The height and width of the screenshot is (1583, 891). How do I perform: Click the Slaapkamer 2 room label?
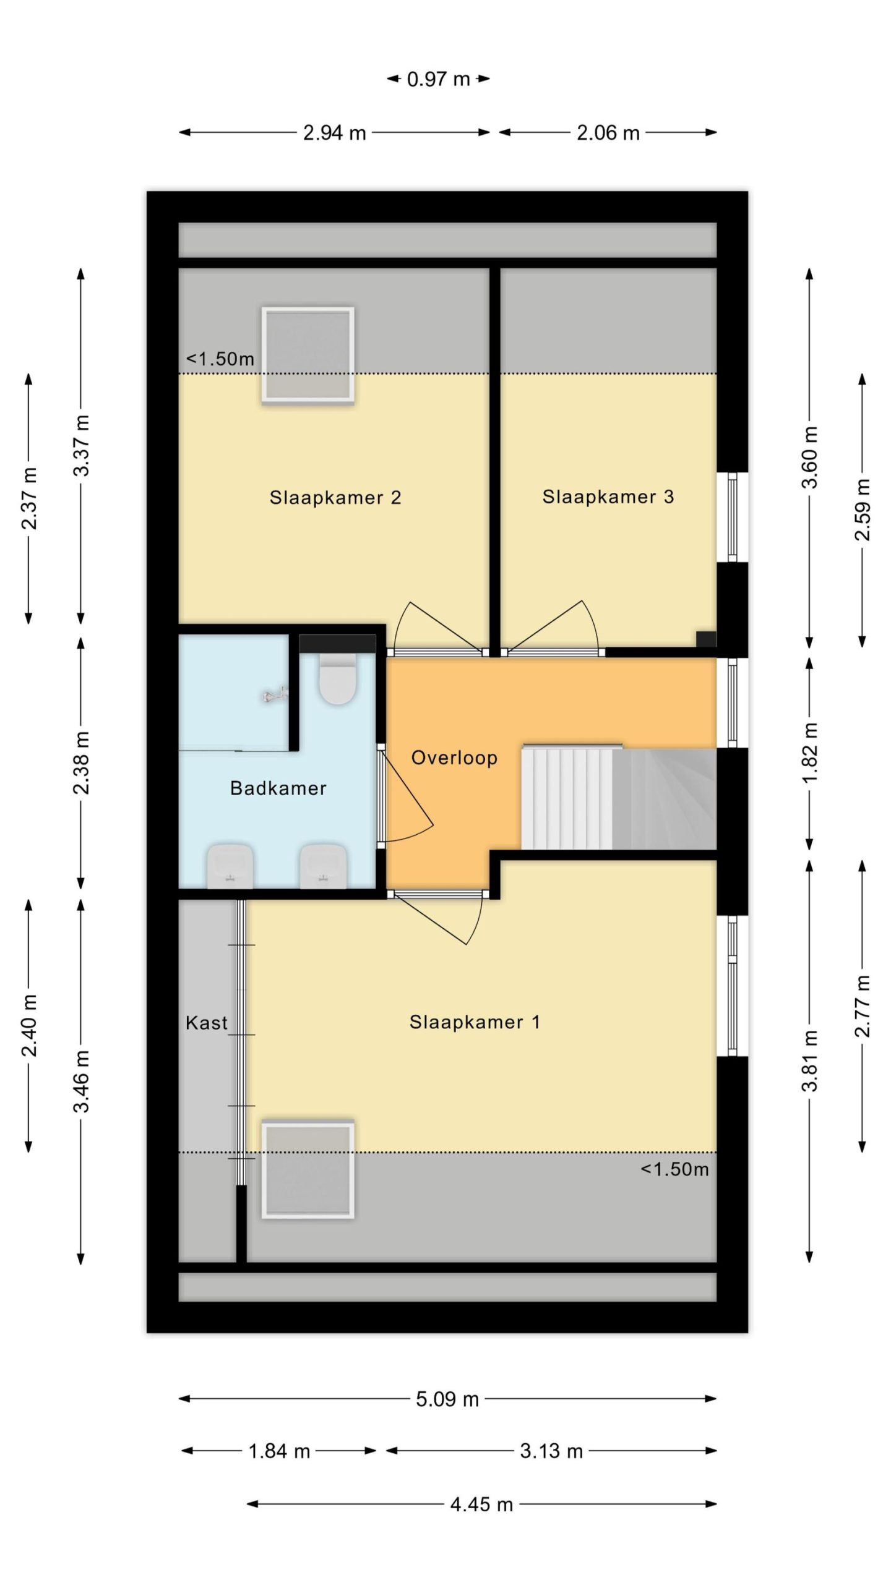tap(335, 498)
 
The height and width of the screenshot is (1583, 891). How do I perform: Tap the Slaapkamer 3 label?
tap(608, 497)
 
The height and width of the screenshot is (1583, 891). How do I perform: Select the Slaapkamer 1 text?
tap(475, 1022)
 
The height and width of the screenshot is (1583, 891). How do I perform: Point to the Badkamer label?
tap(278, 788)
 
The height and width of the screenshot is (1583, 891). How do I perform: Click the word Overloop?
tap(455, 758)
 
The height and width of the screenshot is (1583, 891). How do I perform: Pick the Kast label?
tap(207, 1023)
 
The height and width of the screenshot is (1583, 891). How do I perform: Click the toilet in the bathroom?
tap(338, 680)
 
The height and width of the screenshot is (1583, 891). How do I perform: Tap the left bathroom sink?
tap(230, 866)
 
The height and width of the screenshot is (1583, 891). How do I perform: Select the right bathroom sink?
tap(323, 866)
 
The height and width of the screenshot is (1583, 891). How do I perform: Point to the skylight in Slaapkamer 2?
tap(308, 356)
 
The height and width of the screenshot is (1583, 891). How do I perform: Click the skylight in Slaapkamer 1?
tap(308, 1169)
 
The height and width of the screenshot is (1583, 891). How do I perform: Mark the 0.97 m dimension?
tap(439, 79)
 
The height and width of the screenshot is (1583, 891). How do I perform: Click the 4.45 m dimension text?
tap(482, 1504)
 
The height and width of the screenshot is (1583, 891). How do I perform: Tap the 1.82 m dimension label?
tap(810, 753)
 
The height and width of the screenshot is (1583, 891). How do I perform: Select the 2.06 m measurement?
tap(608, 132)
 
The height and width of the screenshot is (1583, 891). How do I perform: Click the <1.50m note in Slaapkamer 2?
tap(220, 359)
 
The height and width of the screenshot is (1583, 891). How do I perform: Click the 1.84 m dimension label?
tap(279, 1451)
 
